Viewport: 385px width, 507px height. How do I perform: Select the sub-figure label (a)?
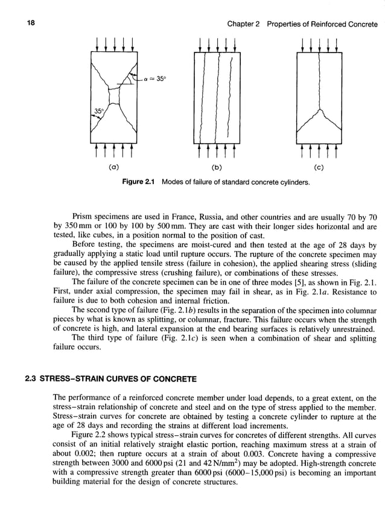[x=112, y=164]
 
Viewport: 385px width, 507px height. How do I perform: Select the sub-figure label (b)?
[x=215, y=164]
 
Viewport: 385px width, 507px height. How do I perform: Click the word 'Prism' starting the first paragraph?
[x=83, y=215]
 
